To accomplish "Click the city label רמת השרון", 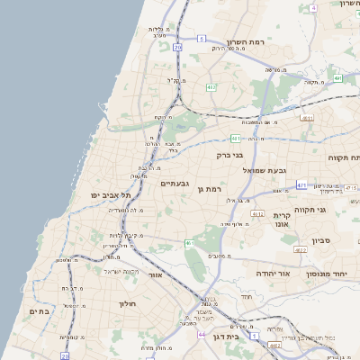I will [269, 42].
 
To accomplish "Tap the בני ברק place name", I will [231, 155].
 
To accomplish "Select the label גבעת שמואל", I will [264, 169].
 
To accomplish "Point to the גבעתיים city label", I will [174, 183].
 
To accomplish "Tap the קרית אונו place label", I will [283, 220].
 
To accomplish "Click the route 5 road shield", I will [202, 39].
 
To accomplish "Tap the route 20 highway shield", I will [178, 46].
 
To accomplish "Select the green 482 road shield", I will [211, 87].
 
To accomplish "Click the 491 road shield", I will [337, 78].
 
